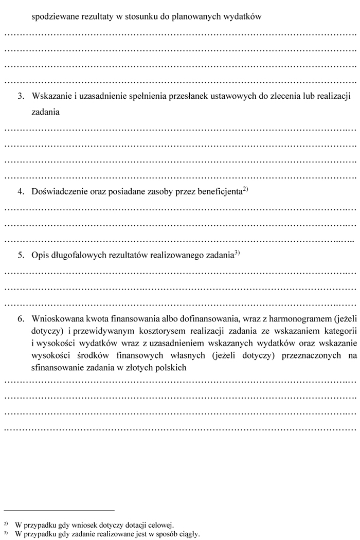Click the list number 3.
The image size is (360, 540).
(x=21, y=96)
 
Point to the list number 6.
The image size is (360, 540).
(x=21, y=318)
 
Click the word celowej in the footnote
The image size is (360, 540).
(x=161, y=525)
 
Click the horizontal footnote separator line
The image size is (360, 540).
(x=59, y=511)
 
